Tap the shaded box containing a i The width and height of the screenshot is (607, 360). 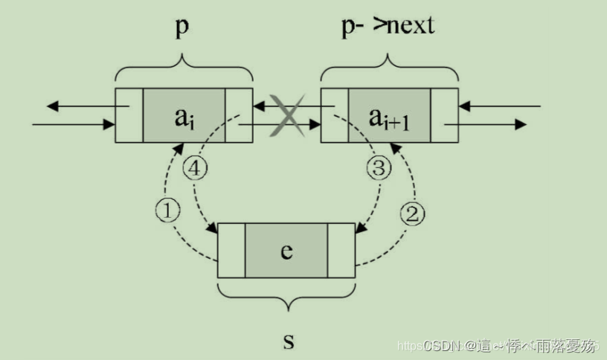point(183,115)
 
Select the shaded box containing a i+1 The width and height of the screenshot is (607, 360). point(388,115)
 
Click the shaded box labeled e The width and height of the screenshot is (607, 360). point(286,250)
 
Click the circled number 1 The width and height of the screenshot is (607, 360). point(168,211)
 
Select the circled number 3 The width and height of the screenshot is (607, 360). point(379,169)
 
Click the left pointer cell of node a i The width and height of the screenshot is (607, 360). point(129,115)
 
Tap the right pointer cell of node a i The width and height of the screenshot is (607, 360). point(239,115)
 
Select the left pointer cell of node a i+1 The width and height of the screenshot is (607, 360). point(334,115)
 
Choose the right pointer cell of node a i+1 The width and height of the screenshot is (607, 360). point(444,115)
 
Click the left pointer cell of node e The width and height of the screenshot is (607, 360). point(231,250)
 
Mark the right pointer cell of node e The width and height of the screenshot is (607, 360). point(341,250)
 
